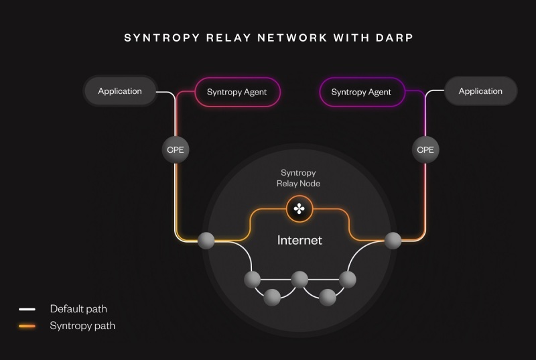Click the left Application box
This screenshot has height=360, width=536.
(120, 91)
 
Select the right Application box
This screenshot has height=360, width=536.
(480, 91)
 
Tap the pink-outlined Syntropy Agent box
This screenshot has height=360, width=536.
(237, 92)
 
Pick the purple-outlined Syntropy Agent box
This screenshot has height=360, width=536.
(361, 92)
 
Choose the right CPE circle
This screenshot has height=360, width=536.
(425, 149)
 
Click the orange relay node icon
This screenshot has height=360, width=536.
(299, 209)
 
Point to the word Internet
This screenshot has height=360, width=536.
(299, 240)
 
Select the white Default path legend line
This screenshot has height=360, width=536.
(27, 309)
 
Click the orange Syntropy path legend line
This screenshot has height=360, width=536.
(27, 326)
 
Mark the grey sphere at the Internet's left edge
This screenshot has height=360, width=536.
(206, 239)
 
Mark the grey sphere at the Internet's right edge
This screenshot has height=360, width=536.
(393, 239)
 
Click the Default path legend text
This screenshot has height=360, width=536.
(78, 309)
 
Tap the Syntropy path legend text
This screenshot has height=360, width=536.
(82, 326)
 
